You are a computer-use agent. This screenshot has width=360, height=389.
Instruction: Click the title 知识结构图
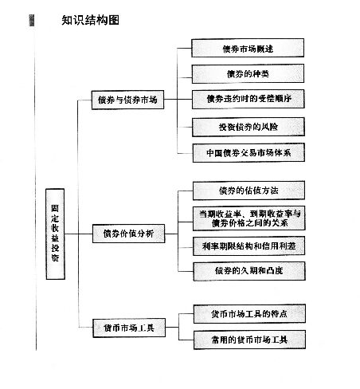click(x=90, y=20)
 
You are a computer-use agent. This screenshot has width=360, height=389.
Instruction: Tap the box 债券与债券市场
click(x=127, y=100)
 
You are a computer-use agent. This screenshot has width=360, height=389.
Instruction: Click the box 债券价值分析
click(x=127, y=234)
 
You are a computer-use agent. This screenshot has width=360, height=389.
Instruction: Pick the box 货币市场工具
click(x=127, y=328)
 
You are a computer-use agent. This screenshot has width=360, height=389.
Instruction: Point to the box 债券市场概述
click(x=248, y=49)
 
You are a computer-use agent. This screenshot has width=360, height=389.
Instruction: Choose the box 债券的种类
click(x=248, y=73)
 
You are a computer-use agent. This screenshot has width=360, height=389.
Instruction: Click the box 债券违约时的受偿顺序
click(x=248, y=100)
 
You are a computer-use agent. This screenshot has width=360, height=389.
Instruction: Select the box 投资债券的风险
click(x=248, y=126)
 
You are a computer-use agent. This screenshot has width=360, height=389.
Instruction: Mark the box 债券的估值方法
click(x=248, y=191)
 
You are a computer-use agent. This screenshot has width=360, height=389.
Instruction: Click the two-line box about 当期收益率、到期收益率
click(x=248, y=218)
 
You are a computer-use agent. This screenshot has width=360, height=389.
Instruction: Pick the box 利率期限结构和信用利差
click(x=248, y=246)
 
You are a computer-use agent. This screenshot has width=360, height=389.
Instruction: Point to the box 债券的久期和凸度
click(x=248, y=272)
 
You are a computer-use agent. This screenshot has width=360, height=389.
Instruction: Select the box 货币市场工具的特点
click(x=248, y=313)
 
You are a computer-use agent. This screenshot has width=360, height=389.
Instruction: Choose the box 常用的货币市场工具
click(x=248, y=340)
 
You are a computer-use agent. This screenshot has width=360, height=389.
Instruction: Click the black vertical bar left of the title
click(x=33, y=20)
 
